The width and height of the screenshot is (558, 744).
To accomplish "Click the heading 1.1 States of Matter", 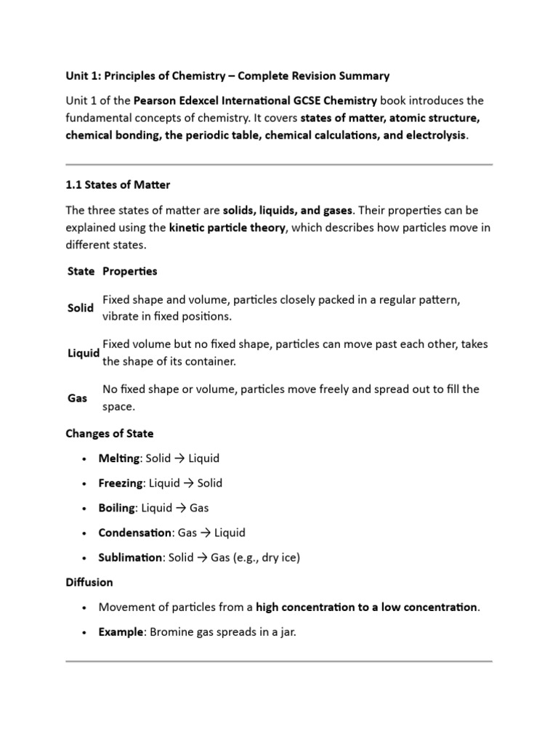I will (118, 185).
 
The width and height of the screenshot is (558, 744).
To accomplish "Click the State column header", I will (80, 271).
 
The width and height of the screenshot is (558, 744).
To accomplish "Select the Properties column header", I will (129, 271).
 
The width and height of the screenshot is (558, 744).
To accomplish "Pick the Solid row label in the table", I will (80, 308).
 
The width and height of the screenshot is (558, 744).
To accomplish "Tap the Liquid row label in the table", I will (83, 353).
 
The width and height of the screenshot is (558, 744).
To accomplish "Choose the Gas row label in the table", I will (77, 398).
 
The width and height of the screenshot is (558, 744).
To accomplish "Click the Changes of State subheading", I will (110, 434).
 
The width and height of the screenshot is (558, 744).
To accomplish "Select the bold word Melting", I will (119, 458).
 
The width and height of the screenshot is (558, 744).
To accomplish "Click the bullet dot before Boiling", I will (85, 509).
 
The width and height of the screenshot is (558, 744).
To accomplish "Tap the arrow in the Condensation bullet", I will (206, 533).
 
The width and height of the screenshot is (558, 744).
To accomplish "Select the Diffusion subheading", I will (89, 582).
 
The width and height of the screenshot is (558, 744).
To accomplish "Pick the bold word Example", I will (121, 632).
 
